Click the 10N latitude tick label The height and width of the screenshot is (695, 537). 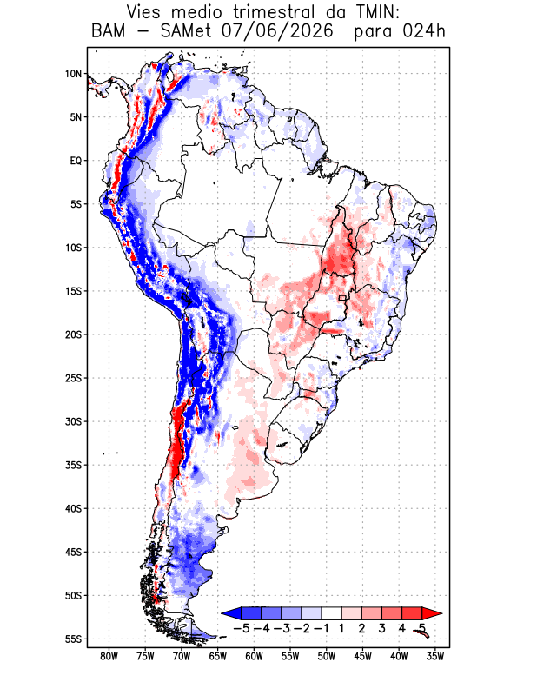[x=74, y=74]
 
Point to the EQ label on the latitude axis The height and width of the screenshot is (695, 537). [x=76, y=161]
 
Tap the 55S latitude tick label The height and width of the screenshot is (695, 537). [x=74, y=639]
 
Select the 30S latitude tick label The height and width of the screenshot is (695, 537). [x=74, y=421]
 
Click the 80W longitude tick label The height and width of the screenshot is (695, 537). [x=109, y=657]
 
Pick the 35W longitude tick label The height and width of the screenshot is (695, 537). [x=435, y=657]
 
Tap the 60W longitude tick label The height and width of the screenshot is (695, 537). [x=254, y=657]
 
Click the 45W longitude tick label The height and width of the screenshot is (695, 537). [x=362, y=657]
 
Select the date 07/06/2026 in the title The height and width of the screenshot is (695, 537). [x=277, y=31]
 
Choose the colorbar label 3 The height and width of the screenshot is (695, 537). [x=381, y=628]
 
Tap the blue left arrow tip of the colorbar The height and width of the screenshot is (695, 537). [x=222, y=613]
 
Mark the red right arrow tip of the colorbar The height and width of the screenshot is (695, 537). [x=441, y=613]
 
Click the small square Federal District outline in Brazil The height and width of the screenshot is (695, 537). [x=342, y=298]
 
